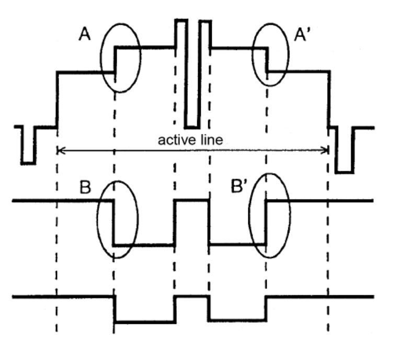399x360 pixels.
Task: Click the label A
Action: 85,35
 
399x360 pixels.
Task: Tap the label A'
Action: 302,35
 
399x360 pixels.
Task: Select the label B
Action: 85,187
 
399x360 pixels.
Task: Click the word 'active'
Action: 177,140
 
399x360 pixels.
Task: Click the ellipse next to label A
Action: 101,58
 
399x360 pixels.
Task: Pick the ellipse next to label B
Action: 98,219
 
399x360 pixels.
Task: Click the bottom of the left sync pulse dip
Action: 28,163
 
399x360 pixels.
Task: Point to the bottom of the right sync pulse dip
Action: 344,172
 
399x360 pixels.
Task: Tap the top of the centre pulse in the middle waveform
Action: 191,201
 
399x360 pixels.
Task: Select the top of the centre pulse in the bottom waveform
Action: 191,297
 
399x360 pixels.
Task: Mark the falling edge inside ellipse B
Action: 113,223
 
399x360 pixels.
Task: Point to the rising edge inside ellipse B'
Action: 266,222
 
